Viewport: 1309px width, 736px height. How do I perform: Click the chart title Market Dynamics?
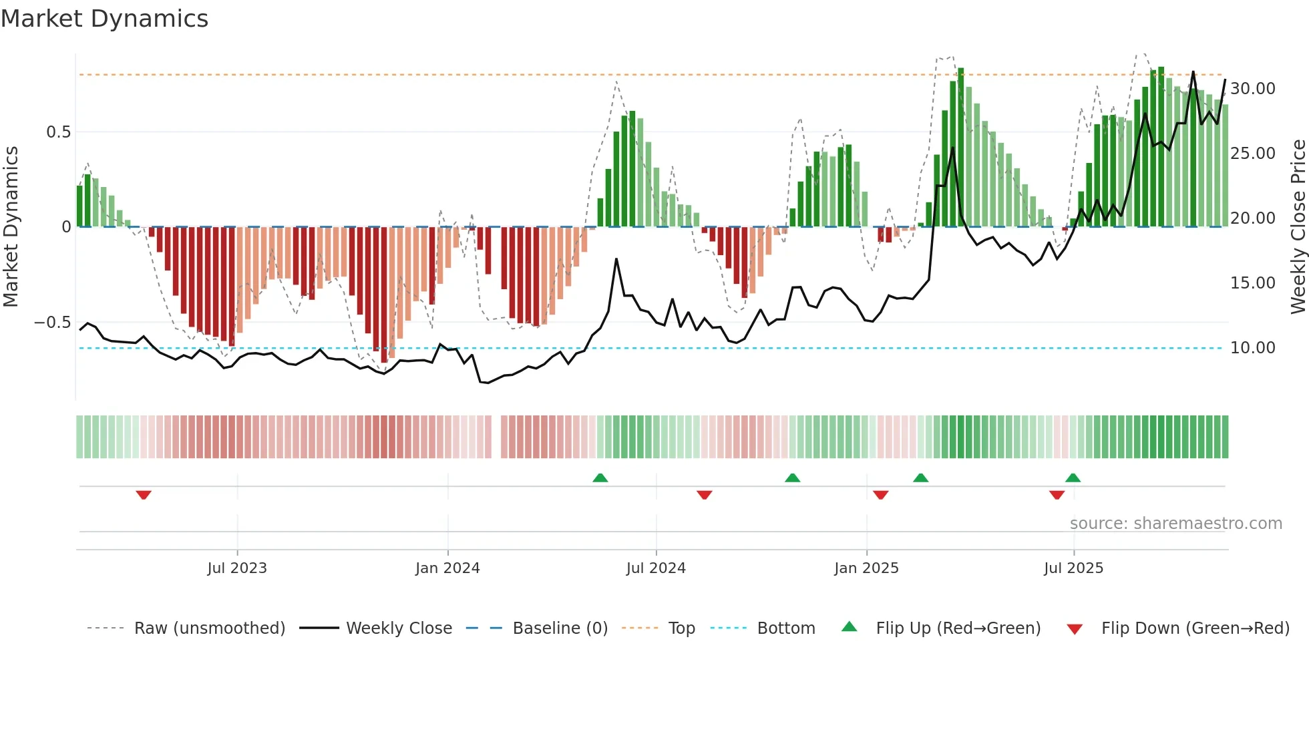point(104,19)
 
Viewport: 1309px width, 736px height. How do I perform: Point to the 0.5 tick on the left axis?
point(58,132)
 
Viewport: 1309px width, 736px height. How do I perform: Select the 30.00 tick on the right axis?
point(1252,89)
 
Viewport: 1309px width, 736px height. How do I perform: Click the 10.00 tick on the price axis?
point(1252,348)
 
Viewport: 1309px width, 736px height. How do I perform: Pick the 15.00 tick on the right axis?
point(1252,283)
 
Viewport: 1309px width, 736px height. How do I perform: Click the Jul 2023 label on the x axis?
point(237,568)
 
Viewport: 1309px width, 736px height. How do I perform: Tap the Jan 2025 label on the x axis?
point(866,568)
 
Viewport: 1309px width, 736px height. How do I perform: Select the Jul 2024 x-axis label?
point(656,568)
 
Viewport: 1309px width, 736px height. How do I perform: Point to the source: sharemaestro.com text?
point(1175,524)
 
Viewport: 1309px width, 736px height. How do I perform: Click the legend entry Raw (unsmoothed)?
point(209,628)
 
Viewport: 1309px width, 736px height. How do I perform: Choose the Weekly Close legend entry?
point(399,628)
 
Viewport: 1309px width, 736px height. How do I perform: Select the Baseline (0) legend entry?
point(560,628)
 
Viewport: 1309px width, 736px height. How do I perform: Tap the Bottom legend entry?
point(785,628)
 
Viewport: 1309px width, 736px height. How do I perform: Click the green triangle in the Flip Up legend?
point(849,626)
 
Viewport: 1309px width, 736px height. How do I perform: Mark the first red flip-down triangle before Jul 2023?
point(144,495)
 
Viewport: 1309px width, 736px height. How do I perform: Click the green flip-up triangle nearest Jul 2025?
point(1073,478)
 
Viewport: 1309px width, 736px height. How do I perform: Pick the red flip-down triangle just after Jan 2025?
point(880,495)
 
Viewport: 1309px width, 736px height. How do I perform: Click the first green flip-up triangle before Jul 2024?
point(600,478)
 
